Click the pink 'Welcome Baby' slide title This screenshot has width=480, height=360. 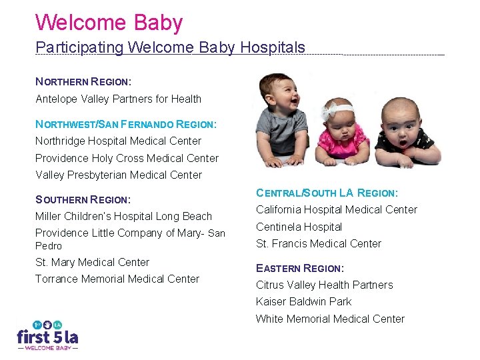[x=109, y=23]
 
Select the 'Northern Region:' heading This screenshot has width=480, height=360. [x=83, y=82]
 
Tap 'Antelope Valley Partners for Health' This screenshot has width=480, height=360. [x=118, y=99]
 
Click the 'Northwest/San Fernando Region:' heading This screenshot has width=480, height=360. [x=126, y=124]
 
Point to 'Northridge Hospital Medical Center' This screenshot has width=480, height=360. [x=118, y=141]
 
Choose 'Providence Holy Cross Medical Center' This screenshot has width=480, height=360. [x=127, y=158]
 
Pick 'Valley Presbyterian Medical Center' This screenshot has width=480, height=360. [x=119, y=175]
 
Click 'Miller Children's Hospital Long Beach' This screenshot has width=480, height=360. [x=123, y=216]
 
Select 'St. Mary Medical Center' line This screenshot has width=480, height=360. [x=92, y=262]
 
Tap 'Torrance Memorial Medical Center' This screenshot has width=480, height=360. [x=117, y=279]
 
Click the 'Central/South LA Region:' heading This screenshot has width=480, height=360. [x=327, y=193]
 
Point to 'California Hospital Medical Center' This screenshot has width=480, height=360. [x=337, y=209]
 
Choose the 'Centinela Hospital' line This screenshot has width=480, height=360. [x=299, y=227]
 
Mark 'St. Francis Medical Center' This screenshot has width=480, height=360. [x=319, y=243]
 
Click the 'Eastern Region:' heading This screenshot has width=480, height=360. [x=300, y=268]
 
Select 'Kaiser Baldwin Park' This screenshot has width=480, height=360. [x=304, y=301]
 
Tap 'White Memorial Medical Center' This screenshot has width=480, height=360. [x=330, y=319]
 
